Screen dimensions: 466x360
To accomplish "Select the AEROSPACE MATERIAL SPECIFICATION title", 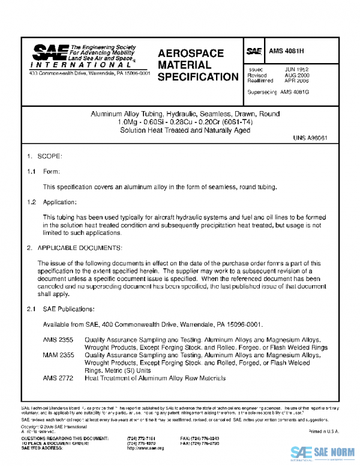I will coord(197,65).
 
